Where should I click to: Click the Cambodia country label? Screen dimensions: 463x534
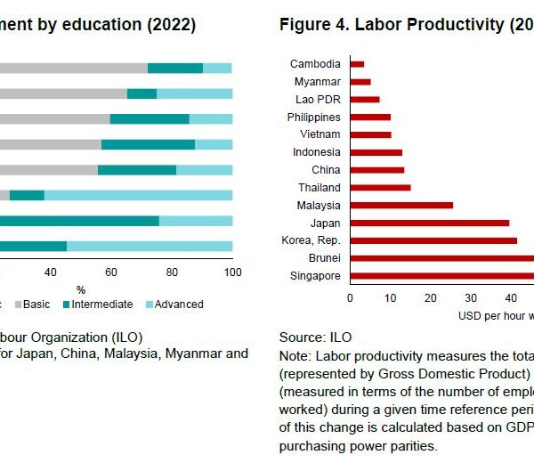pyautogui.click(x=315, y=64)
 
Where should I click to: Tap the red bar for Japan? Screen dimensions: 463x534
pyautogui.click(x=429, y=223)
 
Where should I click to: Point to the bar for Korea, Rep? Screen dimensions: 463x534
pyautogui.click(x=433, y=240)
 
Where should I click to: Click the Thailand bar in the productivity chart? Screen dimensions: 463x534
pyautogui.click(x=380, y=187)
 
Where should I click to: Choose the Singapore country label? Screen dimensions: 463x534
pyautogui.click(x=315, y=276)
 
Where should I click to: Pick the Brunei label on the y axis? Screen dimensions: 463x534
pyautogui.click(x=323, y=258)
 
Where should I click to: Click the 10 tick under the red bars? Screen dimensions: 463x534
pyautogui.click(x=390, y=298)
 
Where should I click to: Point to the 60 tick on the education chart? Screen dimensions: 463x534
pyautogui.click(x=111, y=272)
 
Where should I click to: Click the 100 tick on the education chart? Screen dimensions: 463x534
pyautogui.click(x=231, y=272)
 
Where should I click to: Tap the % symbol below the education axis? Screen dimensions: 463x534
pyautogui.click(x=81, y=289)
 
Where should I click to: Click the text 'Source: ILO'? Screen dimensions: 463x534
pyautogui.click(x=315, y=337)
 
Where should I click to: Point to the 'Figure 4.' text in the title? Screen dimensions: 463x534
pyautogui.click(x=311, y=24)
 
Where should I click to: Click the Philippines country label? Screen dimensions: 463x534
pyautogui.click(x=314, y=118)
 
